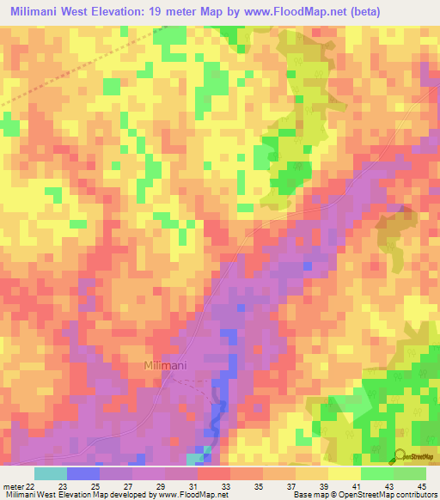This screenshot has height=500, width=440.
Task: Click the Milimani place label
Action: click(x=165, y=367)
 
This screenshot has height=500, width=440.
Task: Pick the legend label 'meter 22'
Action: click(x=20, y=485)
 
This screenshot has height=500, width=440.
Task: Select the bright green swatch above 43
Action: click(x=376, y=473)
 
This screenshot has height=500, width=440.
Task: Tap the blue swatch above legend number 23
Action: click(x=82, y=473)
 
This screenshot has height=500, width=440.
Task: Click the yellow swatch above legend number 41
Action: click(x=344, y=473)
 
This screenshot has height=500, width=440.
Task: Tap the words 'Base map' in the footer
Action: click(x=308, y=496)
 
